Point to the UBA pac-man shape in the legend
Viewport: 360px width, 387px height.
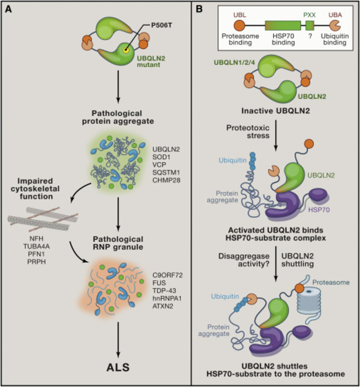(x=336, y=29)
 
